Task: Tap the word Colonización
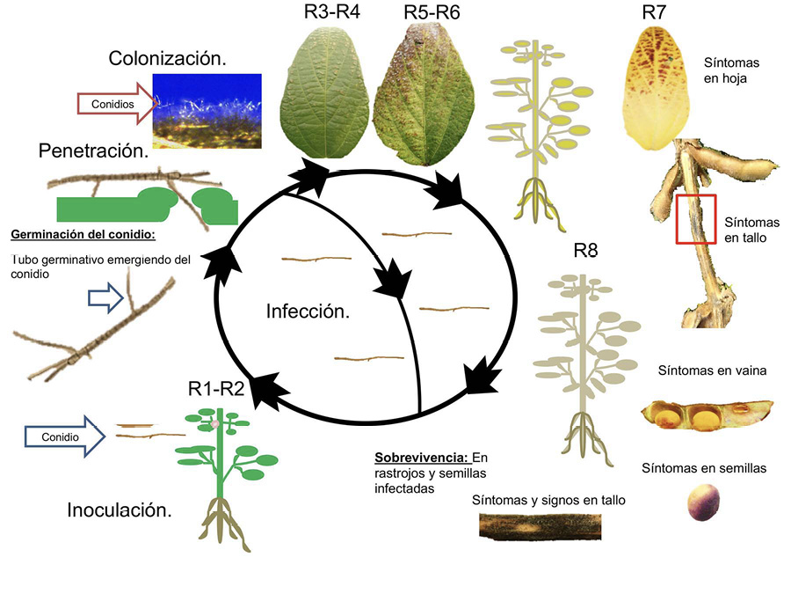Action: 168,59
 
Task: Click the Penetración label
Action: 93,151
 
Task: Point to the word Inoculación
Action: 120,510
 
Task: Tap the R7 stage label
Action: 656,13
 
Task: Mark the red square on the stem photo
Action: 696,219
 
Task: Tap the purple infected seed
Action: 701,502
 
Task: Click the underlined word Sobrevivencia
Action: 421,458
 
